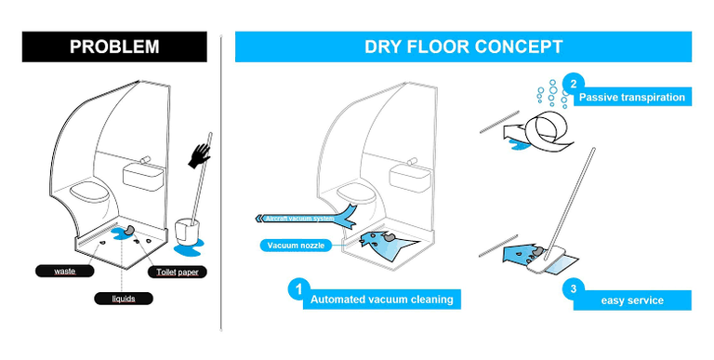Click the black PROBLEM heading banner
[113, 47]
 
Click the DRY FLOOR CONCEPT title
[463, 47]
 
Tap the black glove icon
[198, 155]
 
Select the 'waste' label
[65, 271]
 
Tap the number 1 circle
[297, 289]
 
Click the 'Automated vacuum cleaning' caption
[381, 300]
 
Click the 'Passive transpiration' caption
[632, 97]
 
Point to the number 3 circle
[574, 288]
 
